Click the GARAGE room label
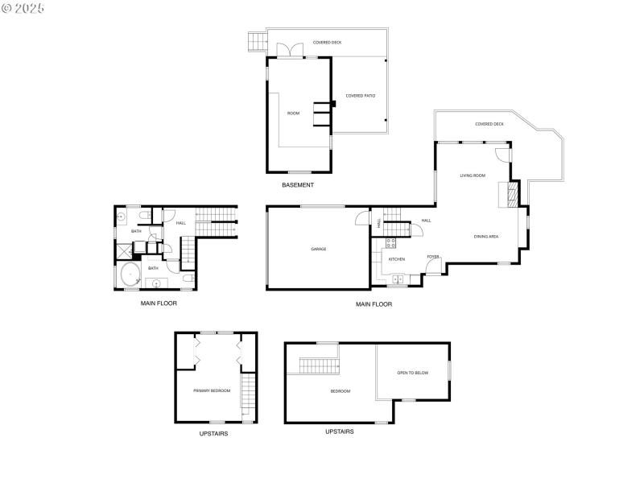[319, 249]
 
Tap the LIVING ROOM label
[473, 175]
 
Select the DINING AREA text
[486, 236]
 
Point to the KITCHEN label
[397, 259]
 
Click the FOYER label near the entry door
[433, 257]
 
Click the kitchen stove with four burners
[391, 242]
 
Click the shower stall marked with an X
[122, 250]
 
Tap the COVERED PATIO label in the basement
[361, 96]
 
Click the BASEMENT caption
[298, 185]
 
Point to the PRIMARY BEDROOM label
[212, 390]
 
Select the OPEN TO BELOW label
[412, 373]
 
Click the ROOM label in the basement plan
[293, 114]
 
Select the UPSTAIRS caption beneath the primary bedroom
[213, 434]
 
